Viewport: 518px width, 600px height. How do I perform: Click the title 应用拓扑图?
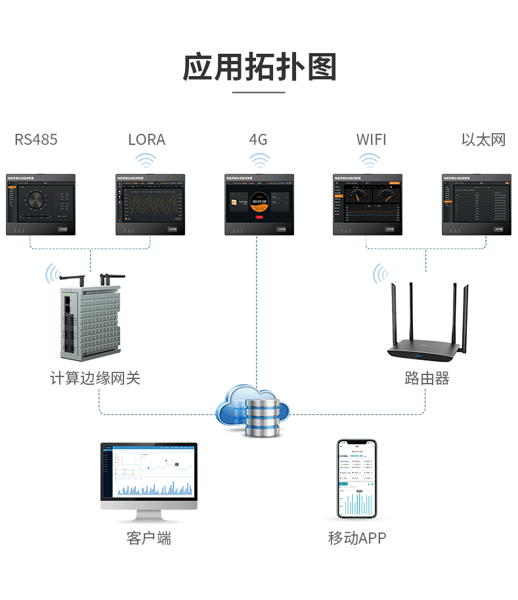(259, 68)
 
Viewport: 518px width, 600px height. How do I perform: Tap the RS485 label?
(36, 140)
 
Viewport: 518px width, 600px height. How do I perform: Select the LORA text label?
(146, 140)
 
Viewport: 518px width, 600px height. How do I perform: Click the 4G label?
(258, 140)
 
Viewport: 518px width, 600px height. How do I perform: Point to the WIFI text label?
(371, 140)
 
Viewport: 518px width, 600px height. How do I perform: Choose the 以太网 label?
(483, 140)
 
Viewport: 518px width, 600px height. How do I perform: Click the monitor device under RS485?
(41, 204)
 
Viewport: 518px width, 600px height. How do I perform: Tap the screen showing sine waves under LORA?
(150, 204)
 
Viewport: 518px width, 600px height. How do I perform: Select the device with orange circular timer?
(259, 204)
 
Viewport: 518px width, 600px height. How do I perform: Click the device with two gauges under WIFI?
(368, 204)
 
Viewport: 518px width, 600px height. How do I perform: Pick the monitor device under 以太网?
(477, 204)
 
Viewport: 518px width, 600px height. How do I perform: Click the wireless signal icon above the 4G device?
(259, 160)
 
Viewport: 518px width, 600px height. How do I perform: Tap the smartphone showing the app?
(357, 479)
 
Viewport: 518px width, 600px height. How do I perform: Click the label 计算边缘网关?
(95, 378)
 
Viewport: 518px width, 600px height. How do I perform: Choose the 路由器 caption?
(427, 378)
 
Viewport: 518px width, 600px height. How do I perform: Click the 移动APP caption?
(357, 538)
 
